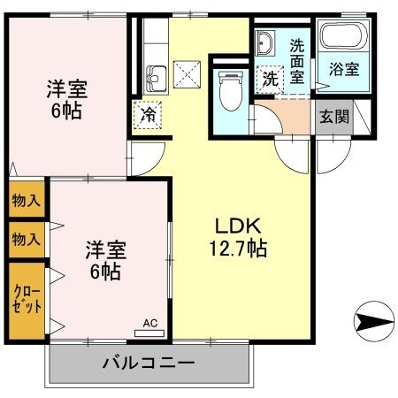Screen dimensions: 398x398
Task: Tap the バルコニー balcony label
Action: click(x=149, y=362)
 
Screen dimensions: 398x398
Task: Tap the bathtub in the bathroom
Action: click(x=341, y=37)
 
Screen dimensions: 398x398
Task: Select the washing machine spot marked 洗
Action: click(x=270, y=77)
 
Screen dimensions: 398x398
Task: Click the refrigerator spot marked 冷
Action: click(x=146, y=114)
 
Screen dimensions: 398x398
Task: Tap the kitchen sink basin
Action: click(x=157, y=78)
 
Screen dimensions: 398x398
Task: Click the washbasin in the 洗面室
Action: click(x=267, y=44)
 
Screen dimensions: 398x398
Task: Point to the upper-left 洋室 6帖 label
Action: click(x=67, y=98)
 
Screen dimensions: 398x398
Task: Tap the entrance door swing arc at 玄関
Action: click(x=331, y=156)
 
